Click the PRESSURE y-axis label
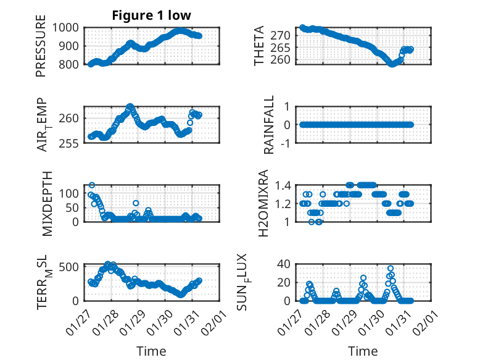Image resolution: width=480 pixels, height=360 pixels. [41, 50]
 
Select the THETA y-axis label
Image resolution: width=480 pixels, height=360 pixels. [260, 46]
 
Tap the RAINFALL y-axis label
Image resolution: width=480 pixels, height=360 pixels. [269, 125]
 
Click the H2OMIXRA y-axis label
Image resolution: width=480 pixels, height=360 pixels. [263, 204]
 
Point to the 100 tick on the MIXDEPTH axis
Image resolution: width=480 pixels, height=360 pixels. [70, 193]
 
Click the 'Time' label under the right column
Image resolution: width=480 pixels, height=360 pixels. [363, 351]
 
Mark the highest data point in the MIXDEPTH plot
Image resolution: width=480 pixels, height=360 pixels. [92, 185]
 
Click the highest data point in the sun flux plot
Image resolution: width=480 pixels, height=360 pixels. [391, 269]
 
